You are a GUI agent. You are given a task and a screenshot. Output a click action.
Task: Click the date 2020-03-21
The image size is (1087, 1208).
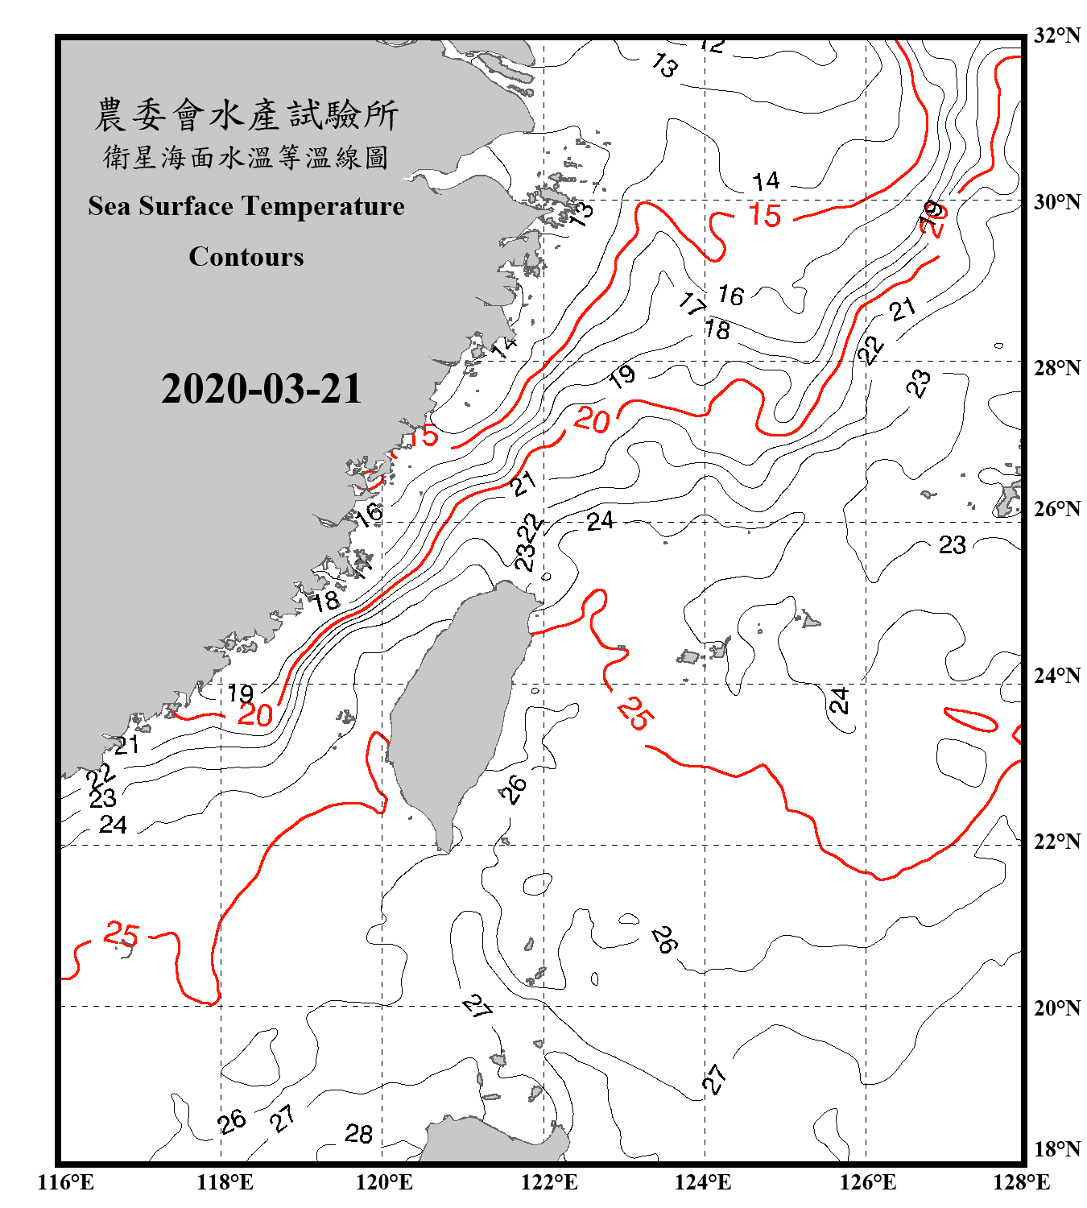coord(262,389)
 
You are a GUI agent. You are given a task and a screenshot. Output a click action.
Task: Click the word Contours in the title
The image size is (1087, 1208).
coord(246,257)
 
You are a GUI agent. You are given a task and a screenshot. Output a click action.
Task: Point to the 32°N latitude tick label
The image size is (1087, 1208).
coord(1056,35)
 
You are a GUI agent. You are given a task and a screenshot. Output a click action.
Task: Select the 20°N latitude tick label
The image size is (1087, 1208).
coord(1056,1007)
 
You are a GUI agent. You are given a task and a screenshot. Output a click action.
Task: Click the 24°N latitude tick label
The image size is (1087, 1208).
coord(1056,676)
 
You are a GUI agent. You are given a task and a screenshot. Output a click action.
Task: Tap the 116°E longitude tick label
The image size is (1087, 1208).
coord(65,1182)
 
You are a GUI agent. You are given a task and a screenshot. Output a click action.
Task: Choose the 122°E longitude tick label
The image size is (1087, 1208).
coord(549,1182)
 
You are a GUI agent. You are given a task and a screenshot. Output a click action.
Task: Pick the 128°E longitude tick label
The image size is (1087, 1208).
coord(1021,1182)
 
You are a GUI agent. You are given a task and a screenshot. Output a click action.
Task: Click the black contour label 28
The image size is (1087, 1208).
coord(358,1134)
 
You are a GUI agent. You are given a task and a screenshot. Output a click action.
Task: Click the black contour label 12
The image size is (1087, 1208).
coord(713,46)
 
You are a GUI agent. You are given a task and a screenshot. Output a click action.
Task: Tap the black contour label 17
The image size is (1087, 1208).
coord(692,304)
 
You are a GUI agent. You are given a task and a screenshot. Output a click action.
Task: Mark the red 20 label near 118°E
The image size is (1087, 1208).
coord(255,715)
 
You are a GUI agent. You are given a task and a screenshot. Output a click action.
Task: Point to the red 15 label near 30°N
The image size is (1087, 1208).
coord(764,215)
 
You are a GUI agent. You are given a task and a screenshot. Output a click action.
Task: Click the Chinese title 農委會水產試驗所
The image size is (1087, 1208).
coord(246,114)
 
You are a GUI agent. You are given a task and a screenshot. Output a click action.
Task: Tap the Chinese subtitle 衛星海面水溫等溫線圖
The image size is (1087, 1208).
coord(246,157)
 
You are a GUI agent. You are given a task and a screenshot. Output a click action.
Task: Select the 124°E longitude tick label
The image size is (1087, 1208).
coord(703,1182)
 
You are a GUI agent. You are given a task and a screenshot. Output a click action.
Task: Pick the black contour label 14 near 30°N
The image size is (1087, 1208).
coord(766,181)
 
